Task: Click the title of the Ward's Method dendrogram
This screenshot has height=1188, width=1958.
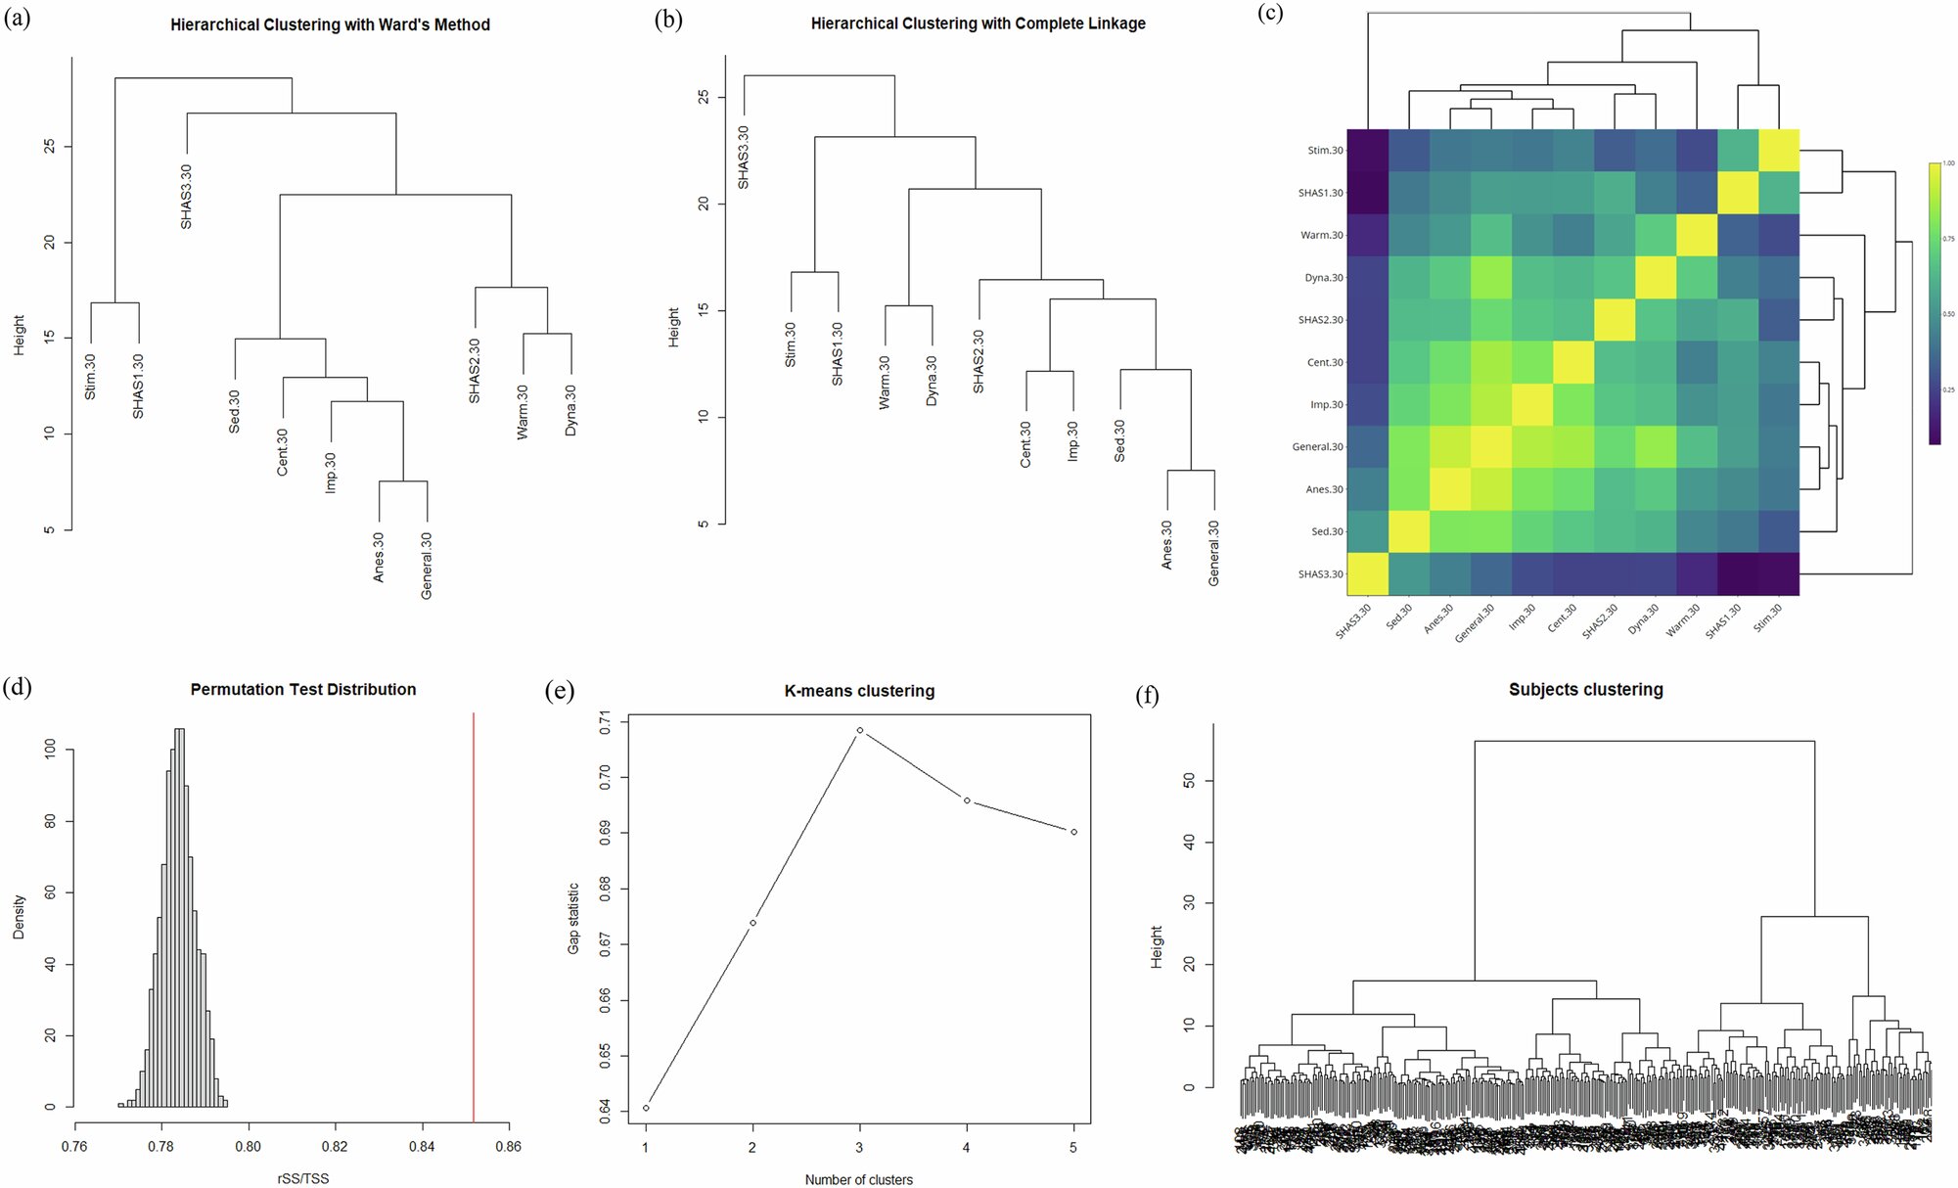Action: point(330,25)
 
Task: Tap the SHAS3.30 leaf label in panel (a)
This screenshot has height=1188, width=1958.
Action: point(186,197)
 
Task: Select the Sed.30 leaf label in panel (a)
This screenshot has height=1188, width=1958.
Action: point(234,411)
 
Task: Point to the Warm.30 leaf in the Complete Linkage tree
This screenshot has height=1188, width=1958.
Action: point(885,382)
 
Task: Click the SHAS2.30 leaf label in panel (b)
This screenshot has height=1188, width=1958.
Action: point(979,362)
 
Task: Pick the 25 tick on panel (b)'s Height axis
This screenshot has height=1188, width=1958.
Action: point(704,98)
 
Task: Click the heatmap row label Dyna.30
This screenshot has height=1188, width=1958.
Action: point(1324,278)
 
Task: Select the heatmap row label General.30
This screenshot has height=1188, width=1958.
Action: point(1318,447)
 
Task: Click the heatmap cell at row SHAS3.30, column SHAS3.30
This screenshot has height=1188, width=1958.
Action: point(1368,573)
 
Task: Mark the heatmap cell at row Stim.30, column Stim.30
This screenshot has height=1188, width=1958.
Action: point(1779,150)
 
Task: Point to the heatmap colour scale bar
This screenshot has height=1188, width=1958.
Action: point(1935,303)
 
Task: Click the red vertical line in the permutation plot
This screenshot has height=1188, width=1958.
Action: point(474,920)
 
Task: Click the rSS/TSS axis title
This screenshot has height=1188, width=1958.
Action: point(303,1178)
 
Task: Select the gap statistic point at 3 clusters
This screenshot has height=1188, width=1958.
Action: point(860,730)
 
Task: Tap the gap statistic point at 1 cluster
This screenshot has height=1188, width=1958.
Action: point(646,1108)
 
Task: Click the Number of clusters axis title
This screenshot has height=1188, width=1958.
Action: point(858,1179)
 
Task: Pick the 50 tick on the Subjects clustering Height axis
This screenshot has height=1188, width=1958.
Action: point(1189,781)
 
